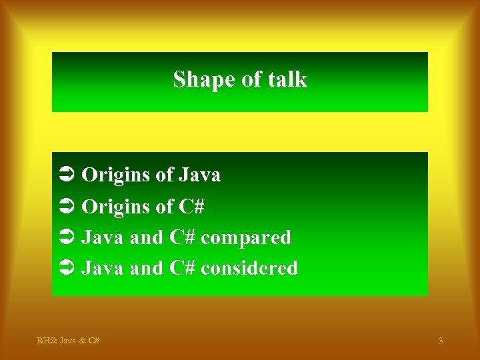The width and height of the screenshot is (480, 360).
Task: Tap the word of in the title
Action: (251, 79)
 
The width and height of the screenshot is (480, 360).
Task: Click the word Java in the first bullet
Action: (199, 175)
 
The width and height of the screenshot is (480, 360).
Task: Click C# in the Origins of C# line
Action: (191, 207)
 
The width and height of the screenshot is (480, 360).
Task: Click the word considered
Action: (249, 268)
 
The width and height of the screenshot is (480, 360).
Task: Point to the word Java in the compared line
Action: (103, 237)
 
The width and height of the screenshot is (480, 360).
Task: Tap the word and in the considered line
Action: (146, 268)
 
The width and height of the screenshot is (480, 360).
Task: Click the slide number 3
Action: (441, 341)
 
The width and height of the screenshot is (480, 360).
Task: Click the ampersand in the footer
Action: (81, 341)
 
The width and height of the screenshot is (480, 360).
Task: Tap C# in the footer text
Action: (93, 341)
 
